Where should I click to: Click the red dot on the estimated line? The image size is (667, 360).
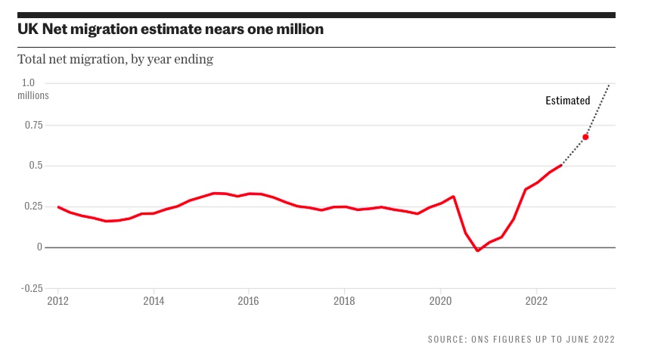[585, 137]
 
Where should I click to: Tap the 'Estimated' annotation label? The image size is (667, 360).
[567, 101]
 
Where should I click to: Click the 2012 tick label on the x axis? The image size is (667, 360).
[58, 300]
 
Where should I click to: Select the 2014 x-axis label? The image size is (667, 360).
[154, 300]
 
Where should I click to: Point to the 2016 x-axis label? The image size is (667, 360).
[249, 300]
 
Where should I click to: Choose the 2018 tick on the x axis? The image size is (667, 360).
[344, 300]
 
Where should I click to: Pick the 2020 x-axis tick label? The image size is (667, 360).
[440, 300]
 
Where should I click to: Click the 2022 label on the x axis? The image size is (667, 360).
[535, 300]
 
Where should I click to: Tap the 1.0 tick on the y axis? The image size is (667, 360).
[28, 83]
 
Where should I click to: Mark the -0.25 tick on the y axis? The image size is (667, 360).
[31, 288]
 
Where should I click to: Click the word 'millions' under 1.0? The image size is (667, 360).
[33, 95]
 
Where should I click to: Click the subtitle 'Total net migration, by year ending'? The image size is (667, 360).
[115, 59]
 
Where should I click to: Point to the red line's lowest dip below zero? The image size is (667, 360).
[477, 250]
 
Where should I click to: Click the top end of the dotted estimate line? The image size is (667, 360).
[610, 85]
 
